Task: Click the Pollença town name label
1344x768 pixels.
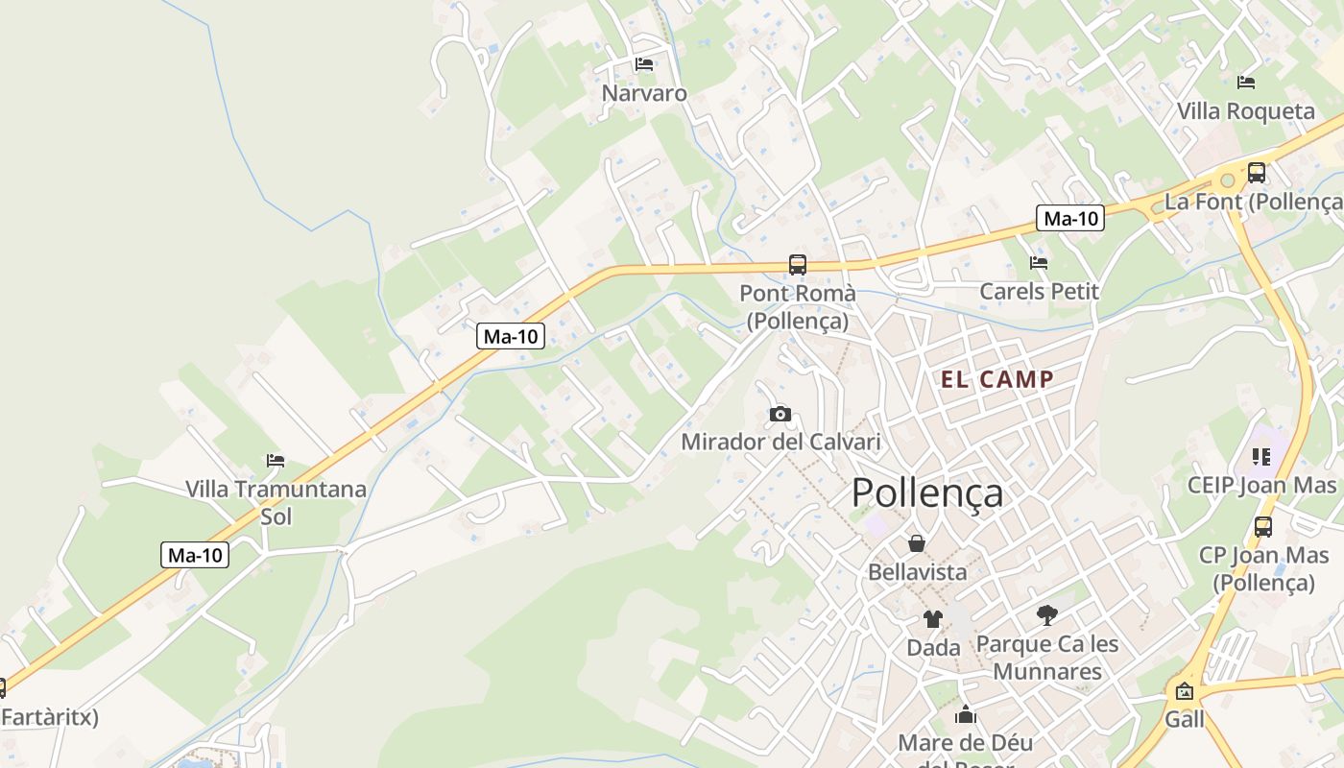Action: pyautogui.click(x=927, y=492)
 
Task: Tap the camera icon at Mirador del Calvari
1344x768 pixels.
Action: pyautogui.click(x=780, y=414)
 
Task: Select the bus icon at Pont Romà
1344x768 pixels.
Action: pyautogui.click(x=797, y=264)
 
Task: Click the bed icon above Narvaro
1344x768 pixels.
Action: pyautogui.click(x=644, y=64)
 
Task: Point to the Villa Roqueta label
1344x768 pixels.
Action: pyautogui.click(x=1246, y=111)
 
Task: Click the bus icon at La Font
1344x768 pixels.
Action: pyautogui.click(x=1256, y=173)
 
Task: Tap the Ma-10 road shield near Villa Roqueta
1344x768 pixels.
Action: pyautogui.click(x=1070, y=218)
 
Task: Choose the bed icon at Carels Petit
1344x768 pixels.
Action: pyautogui.click(x=1038, y=262)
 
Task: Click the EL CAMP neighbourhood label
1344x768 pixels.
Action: pyautogui.click(x=997, y=379)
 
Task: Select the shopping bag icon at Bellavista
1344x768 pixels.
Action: pyautogui.click(x=917, y=543)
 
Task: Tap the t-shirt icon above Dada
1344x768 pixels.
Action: pyautogui.click(x=932, y=619)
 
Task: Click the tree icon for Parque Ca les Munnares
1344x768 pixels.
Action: pyautogui.click(x=1046, y=615)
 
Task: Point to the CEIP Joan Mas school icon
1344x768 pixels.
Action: pyautogui.click(x=1260, y=456)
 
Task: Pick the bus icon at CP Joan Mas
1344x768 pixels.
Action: pyautogui.click(x=1262, y=526)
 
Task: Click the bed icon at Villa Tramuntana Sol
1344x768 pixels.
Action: pyautogui.click(x=276, y=461)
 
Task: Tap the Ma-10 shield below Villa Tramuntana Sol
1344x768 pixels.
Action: pyautogui.click(x=195, y=554)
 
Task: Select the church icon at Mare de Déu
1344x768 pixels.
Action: pyautogui.click(x=965, y=714)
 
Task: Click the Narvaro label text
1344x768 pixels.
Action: pyautogui.click(x=644, y=93)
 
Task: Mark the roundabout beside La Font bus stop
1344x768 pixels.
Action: pyautogui.click(x=1226, y=180)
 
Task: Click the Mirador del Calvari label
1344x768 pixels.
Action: pyautogui.click(x=780, y=443)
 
